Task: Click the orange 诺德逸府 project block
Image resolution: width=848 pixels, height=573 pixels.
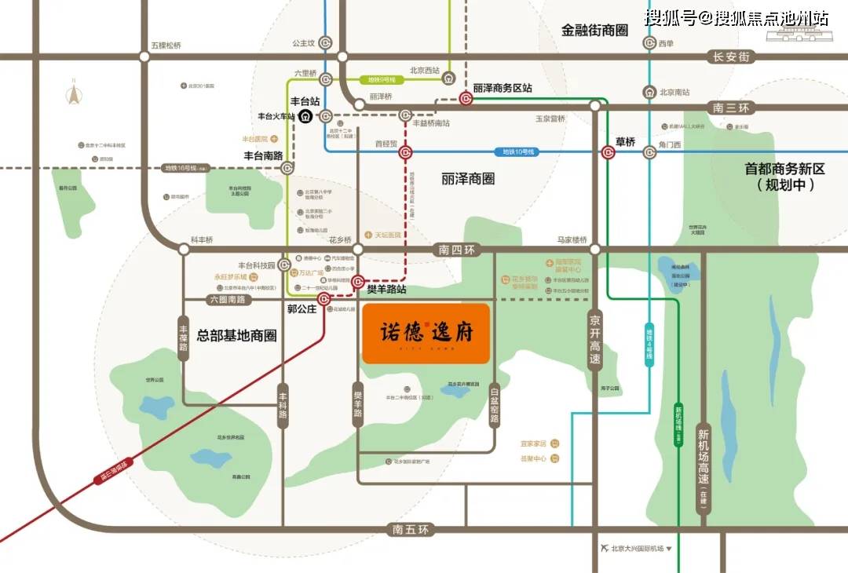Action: click(x=426, y=334)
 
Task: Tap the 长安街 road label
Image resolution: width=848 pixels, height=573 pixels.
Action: click(x=729, y=57)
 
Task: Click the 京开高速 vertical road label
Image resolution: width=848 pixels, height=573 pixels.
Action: click(x=594, y=339)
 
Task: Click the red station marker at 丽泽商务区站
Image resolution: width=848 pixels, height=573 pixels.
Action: click(x=466, y=98)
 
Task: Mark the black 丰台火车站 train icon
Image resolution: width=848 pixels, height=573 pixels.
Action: click(x=305, y=116)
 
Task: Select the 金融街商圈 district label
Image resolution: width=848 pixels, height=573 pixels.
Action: click(x=595, y=30)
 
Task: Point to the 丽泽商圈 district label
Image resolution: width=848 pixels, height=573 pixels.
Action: click(x=468, y=178)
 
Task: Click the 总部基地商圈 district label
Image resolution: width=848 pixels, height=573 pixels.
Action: click(x=236, y=335)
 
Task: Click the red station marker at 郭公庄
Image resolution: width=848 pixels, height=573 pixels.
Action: click(x=323, y=299)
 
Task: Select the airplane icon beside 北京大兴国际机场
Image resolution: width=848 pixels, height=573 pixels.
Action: click(x=603, y=547)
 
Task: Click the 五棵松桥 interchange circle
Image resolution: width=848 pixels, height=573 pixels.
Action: click(x=144, y=57)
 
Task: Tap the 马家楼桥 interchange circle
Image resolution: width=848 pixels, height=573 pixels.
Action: click(x=594, y=250)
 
